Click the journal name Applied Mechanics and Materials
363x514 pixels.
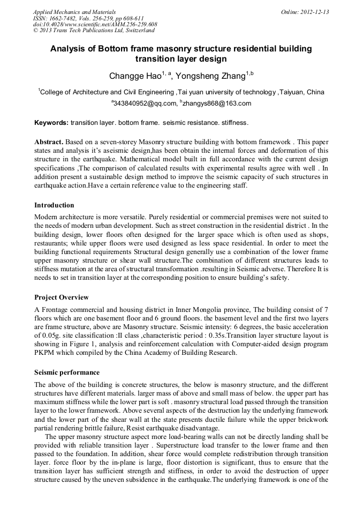tap(74, 11)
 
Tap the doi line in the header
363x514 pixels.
tap(95, 24)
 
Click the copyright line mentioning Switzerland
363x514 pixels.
tap(94, 31)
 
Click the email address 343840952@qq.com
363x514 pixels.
tap(145, 103)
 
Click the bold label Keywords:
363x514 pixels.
tap(51, 123)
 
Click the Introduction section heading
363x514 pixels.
tap(54, 205)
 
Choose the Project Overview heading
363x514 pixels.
tap(61, 297)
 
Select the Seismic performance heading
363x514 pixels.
tap(67, 373)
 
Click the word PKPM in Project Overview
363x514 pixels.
tap(46, 353)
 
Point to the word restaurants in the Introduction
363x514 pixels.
tap(51, 242)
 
